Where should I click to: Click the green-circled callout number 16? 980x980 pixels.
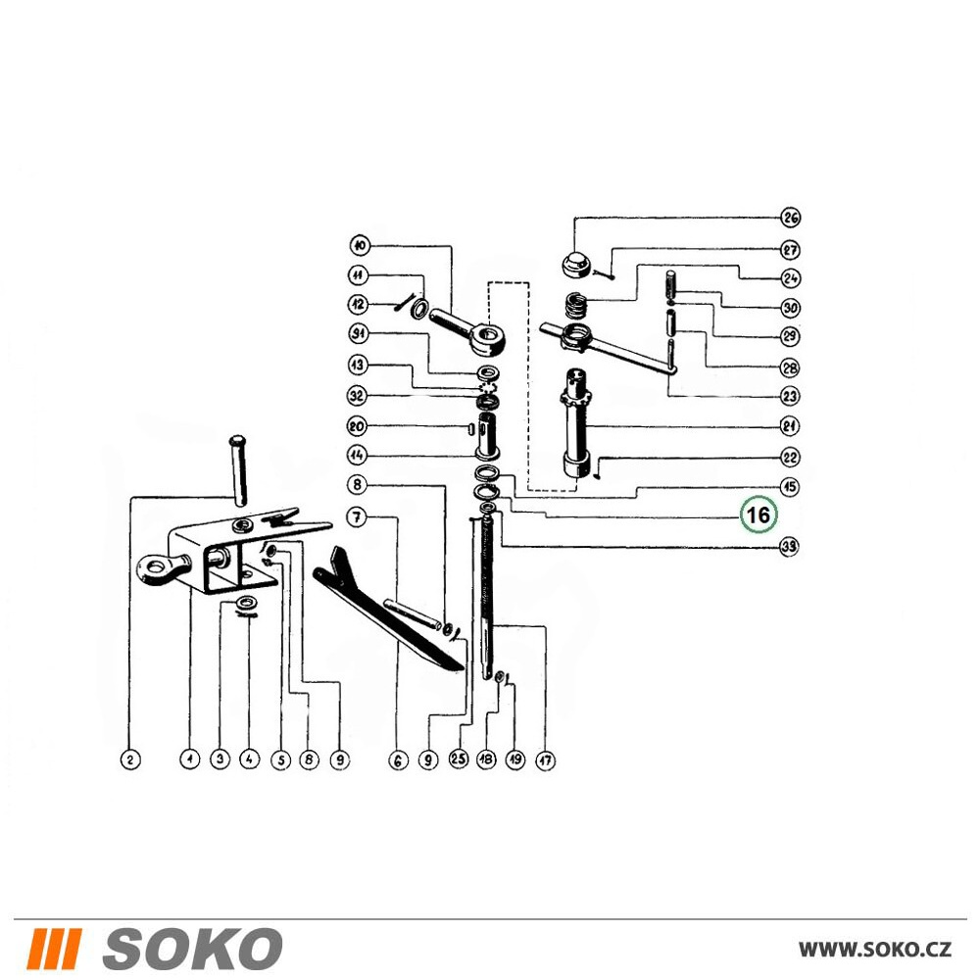point(759,514)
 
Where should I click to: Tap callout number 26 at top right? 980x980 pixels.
point(791,218)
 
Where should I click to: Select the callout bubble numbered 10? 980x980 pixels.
point(360,246)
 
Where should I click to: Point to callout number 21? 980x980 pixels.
point(790,426)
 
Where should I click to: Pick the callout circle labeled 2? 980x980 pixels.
point(130,760)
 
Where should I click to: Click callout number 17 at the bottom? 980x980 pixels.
point(546,760)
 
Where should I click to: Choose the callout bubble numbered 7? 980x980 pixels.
point(357,517)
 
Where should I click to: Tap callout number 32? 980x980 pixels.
point(357,396)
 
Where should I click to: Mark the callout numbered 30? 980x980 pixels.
point(791,308)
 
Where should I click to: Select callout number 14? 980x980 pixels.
point(357,455)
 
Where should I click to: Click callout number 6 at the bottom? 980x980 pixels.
point(398,760)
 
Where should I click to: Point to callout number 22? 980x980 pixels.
point(790,457)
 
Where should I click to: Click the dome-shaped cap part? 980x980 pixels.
point(576,265)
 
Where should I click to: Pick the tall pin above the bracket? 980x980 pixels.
point(239,469)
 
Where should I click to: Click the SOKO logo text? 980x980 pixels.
point(192,948)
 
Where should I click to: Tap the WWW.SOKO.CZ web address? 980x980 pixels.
point(875,949)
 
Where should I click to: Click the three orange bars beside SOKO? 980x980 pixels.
point(56,948)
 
